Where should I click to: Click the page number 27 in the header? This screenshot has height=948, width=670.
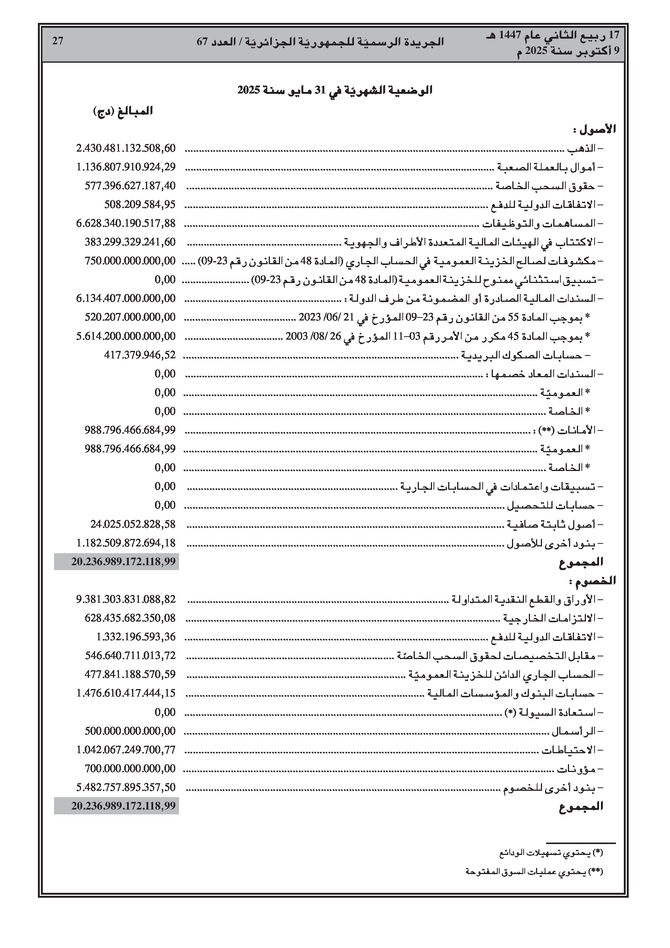(x=58, y=41)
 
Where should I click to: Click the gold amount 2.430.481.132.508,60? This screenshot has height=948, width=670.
(x=126, y=148)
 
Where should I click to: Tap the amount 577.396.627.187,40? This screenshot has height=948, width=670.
(x=130, y=185)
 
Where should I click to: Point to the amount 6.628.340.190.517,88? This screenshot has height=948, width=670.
(x=126, y=223)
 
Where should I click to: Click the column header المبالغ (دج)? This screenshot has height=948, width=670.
(x=123, y=111)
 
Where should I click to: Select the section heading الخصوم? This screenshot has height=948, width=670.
(x=592, y=581)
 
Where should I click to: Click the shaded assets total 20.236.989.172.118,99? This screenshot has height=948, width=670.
(x=123, y=561)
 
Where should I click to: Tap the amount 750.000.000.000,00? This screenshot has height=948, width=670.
(x=130, y=261)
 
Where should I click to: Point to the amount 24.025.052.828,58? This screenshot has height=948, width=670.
(x=133, y=524)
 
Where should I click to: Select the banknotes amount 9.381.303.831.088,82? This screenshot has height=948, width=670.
(x=126, y=599)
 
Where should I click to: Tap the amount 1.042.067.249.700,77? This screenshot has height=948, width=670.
(x=126, y=749)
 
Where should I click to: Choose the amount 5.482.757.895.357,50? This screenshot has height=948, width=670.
(x=126, y=787)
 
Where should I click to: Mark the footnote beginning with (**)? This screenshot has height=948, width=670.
(x=534, y=871)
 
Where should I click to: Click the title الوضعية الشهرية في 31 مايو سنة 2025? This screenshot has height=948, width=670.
(x=334, y=90)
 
